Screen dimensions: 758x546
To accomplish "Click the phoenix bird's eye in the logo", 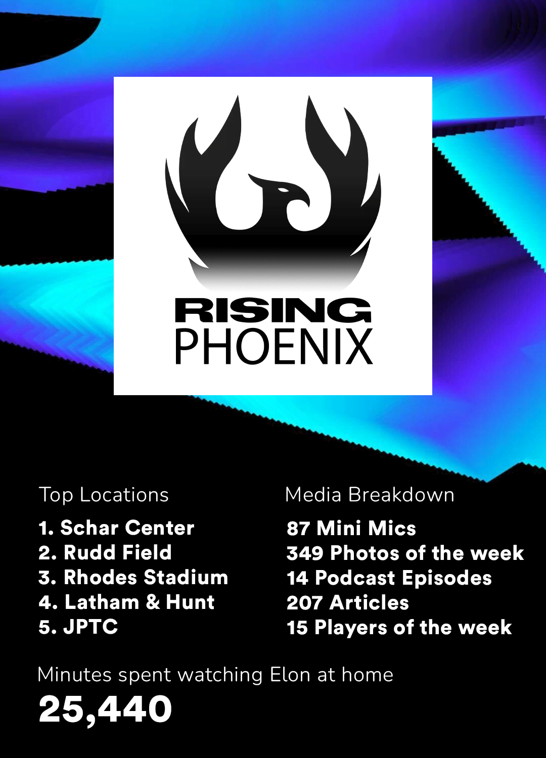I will tap(283, 189).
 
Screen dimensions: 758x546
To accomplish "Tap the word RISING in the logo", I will tap(273, 310).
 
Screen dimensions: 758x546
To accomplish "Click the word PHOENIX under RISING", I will tap(273, 347).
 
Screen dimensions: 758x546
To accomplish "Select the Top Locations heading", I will tap(104, 495).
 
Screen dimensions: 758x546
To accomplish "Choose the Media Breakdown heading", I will tap(370, 495).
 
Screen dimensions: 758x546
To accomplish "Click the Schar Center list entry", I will tap(117, 528).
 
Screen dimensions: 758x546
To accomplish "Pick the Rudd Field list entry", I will tap(105, 553).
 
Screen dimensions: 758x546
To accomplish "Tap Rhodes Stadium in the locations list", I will tap(133, 578).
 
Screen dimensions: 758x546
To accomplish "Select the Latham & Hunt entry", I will tap(127, 602).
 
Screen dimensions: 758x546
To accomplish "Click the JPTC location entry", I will tap(78, 627).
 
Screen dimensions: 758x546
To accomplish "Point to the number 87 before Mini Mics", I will tap(298, 529).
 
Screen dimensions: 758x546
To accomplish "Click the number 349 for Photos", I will tap(305, 553).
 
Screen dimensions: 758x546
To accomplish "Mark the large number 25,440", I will tap(105, 709).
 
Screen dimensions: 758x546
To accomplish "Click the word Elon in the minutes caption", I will tap(290, 675).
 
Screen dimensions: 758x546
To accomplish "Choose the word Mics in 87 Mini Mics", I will tap(392, 529).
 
